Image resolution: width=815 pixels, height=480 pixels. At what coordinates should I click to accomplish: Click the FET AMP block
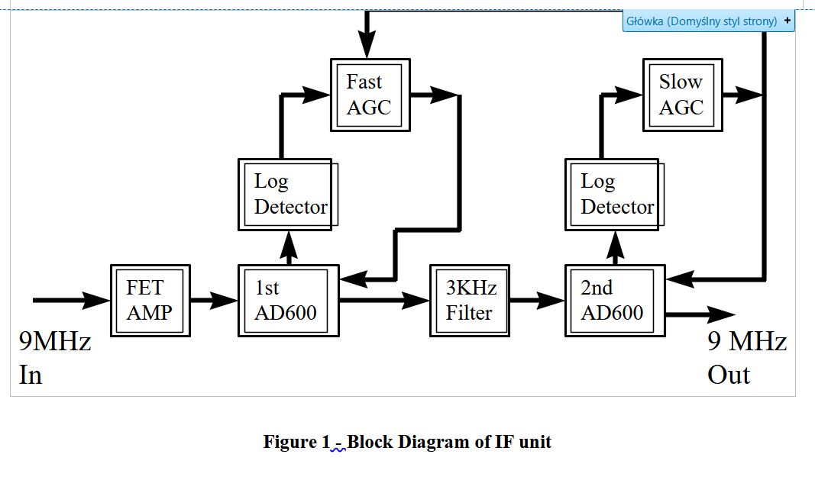point(150,300)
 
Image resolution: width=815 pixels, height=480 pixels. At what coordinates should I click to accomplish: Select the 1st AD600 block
point(288,300)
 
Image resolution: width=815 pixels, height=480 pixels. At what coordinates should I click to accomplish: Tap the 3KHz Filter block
point(469,300)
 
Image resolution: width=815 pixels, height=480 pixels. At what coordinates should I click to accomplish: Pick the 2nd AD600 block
point(614,300)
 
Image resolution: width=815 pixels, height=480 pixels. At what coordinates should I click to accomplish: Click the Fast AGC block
point(370,94)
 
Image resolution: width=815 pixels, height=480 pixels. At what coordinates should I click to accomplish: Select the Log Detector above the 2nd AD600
point(613,194)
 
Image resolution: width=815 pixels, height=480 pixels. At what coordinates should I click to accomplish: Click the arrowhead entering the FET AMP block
point(97,301)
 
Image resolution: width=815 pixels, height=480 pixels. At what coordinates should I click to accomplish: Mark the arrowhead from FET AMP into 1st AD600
point(225,301)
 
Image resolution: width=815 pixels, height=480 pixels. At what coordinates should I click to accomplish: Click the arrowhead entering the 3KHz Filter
point(416,301)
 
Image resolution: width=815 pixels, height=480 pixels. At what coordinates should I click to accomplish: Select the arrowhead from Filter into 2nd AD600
point(551,301)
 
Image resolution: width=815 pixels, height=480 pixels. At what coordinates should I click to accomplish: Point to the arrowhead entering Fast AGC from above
point(367,44)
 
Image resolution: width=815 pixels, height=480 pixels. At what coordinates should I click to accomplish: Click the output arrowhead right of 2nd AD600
point(720,314)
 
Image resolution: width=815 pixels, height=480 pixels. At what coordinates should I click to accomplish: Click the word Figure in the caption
point(288,442)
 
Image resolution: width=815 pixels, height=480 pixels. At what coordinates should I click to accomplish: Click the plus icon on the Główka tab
point(787,21)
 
